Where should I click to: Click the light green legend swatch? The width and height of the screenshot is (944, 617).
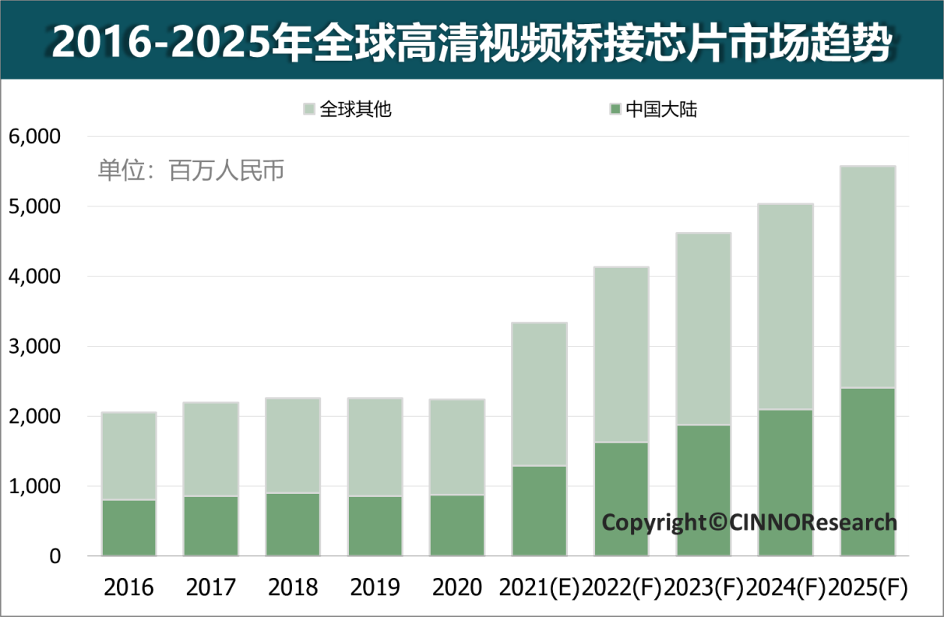(x=309, y=109)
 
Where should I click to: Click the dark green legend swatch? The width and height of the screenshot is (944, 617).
(x=615, y=109)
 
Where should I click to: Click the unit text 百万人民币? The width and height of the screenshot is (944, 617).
(x=227, y=171)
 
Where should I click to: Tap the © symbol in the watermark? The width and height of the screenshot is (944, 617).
(x=717, y=522)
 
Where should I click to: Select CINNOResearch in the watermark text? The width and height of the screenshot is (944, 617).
(x=813, y=522)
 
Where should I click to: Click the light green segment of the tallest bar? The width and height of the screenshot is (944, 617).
(x=868, y=277)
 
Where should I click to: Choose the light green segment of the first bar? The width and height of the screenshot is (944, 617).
(x=129, y=456)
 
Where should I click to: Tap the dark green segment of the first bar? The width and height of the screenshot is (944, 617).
(x=129, y=527)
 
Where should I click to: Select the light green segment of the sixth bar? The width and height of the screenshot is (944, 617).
(x=539, y=393)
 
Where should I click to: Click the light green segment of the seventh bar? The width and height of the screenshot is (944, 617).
(x=622, y=354)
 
